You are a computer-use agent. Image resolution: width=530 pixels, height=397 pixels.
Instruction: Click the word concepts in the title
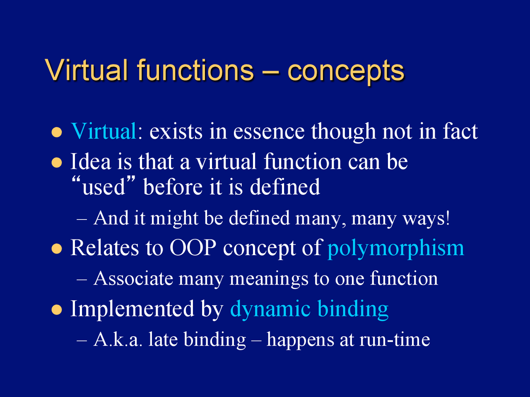click(346, 72)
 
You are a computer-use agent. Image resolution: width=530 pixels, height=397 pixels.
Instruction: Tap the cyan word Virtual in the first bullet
click(104, 131)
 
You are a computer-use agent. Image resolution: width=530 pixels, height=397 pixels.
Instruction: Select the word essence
click(269, 132)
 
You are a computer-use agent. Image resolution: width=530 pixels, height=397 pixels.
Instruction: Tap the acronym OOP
click(193, 248)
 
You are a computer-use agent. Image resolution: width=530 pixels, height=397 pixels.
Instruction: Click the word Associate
click(133, 278)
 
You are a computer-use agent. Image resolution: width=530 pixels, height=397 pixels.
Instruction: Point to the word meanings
click(269, 279)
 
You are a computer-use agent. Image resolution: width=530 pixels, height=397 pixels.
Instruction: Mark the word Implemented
click(132, 309)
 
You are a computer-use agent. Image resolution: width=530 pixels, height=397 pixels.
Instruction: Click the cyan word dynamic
click(270, 309)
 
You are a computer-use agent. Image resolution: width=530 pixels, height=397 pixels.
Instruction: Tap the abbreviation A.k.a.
click(118, 340)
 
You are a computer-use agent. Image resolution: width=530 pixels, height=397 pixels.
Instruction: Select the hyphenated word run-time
click(395, 340)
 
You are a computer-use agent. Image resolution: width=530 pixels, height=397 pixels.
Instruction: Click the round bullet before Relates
click(57, 249)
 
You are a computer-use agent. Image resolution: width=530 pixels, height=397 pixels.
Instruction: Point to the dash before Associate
click(82, 280)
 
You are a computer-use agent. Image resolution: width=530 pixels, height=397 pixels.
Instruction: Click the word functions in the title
click(195, 70)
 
